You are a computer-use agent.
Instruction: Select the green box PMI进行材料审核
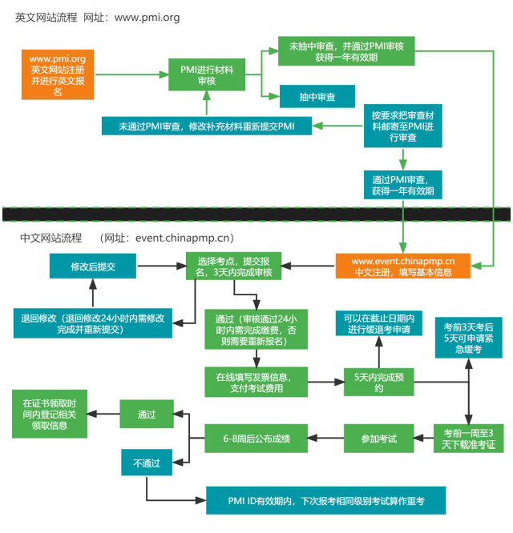click(206, 75)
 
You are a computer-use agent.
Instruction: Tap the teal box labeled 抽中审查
click(317, 96)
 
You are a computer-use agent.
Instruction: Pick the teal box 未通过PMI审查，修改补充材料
click(207, 126)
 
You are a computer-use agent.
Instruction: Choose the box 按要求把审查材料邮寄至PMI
click(402, 126)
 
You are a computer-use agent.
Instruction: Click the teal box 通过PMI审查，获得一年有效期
click(402, 185)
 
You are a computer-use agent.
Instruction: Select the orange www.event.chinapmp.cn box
click(403, 266)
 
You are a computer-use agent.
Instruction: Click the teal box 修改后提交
click(93, 266)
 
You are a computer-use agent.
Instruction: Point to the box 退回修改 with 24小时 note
click(93, 323)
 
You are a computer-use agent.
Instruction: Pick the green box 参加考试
click(382, 438)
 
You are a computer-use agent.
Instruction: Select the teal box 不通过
click(147, 462)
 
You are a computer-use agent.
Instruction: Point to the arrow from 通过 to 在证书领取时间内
click(104, 414)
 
